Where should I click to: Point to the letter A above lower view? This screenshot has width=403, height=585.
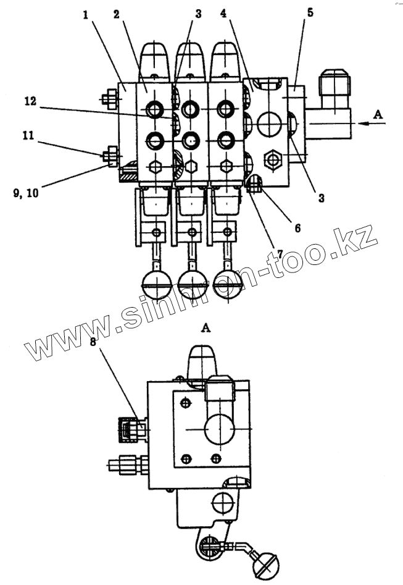(206, 329)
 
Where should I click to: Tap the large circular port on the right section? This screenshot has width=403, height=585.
(272, 125)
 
